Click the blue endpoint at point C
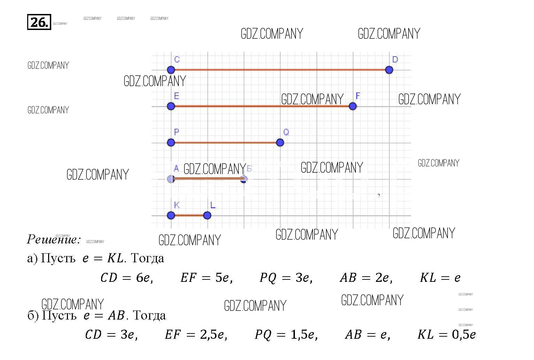coord(171,70)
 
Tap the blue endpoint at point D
coord(389,70)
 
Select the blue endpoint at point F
coord(353,106)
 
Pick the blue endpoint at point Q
coord(280,142)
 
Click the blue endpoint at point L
coord(207,215)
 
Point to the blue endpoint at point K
coord(171,215)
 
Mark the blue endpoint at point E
coord(171,106)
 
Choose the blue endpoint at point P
coord(171,142)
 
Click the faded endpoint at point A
coord(171,179)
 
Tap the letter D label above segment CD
coord(395,60)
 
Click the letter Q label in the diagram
coord(286,132)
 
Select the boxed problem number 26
coord(39,22)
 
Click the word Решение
coord(53,239)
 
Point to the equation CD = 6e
coord(127,278)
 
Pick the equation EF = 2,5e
coord(196,335)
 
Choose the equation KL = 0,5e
coord(447,335)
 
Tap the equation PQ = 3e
coord(286,278)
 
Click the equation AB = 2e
coord(366,278)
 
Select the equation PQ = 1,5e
coord(286,335)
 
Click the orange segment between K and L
coord(189,215)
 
